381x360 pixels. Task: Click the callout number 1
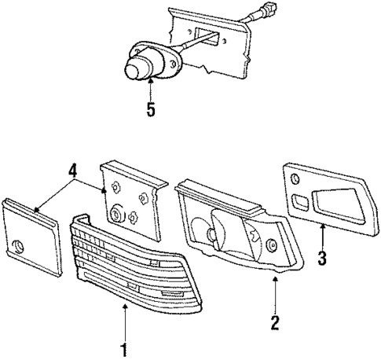coord(123,347)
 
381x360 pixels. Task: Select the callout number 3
coord(323,256)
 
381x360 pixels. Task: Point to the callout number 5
coord(150,108)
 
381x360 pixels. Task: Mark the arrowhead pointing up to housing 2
coord(275,278)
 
